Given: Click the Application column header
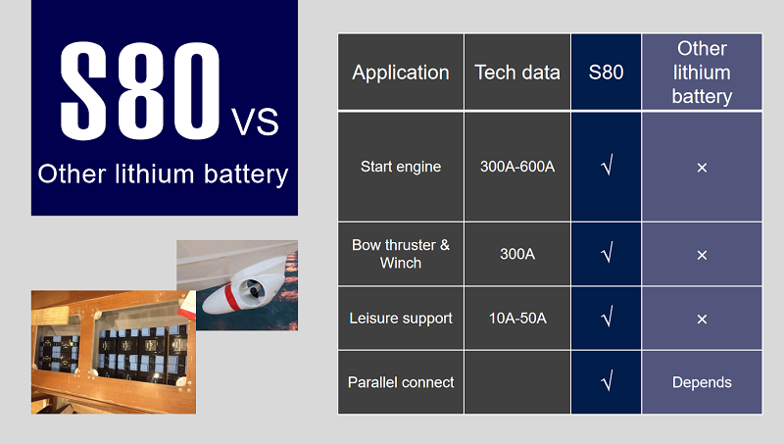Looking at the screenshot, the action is (401, 73).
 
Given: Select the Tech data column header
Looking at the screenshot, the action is (517, 73).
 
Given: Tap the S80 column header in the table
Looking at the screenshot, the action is (606, 73).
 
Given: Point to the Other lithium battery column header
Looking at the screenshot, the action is (702, 72).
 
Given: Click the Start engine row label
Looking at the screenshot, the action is (401, 167).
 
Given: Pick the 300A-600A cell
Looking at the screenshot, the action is (517, 167).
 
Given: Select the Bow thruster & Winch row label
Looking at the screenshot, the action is (401, 254).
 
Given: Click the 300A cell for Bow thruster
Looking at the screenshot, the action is (517, 254).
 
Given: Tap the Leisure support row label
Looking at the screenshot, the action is (401, 319).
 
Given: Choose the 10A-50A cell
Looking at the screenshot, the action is (517, 318).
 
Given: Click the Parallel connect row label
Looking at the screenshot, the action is (401, 382).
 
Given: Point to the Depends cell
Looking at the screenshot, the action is (702, 383).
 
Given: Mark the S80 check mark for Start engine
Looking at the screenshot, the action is (607, 165).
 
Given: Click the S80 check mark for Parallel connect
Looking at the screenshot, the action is (607, 381).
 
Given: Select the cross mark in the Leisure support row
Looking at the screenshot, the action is (702, 319).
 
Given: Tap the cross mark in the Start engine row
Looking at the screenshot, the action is (702, 168).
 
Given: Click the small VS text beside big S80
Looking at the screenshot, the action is (255, 122).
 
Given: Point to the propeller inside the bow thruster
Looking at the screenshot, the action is (253, 289).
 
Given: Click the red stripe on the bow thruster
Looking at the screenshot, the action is (231, 297).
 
